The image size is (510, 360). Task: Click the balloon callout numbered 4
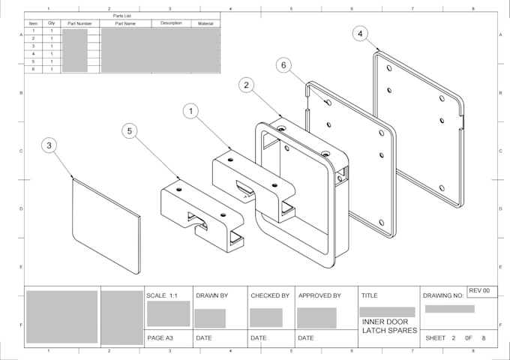[361, 34]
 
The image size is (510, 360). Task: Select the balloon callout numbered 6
[283, 65]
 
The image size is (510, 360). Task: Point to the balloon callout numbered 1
[192, 111]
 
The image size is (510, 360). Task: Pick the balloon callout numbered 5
[130, 131]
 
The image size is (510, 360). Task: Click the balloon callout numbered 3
[49, 145]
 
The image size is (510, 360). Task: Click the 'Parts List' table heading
[123, 16]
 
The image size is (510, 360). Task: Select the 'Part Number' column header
[79, 23]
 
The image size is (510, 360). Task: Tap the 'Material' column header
[205, 23]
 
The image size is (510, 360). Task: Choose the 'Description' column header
[171, 23]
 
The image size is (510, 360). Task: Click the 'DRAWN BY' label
[211, 295]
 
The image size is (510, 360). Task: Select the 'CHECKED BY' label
[269, 295]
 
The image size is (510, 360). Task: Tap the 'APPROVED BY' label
[319, 295]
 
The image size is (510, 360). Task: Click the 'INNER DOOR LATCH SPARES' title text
[385, 326]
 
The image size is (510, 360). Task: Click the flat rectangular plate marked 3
[105, 223]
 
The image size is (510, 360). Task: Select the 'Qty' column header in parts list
[52, 23]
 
